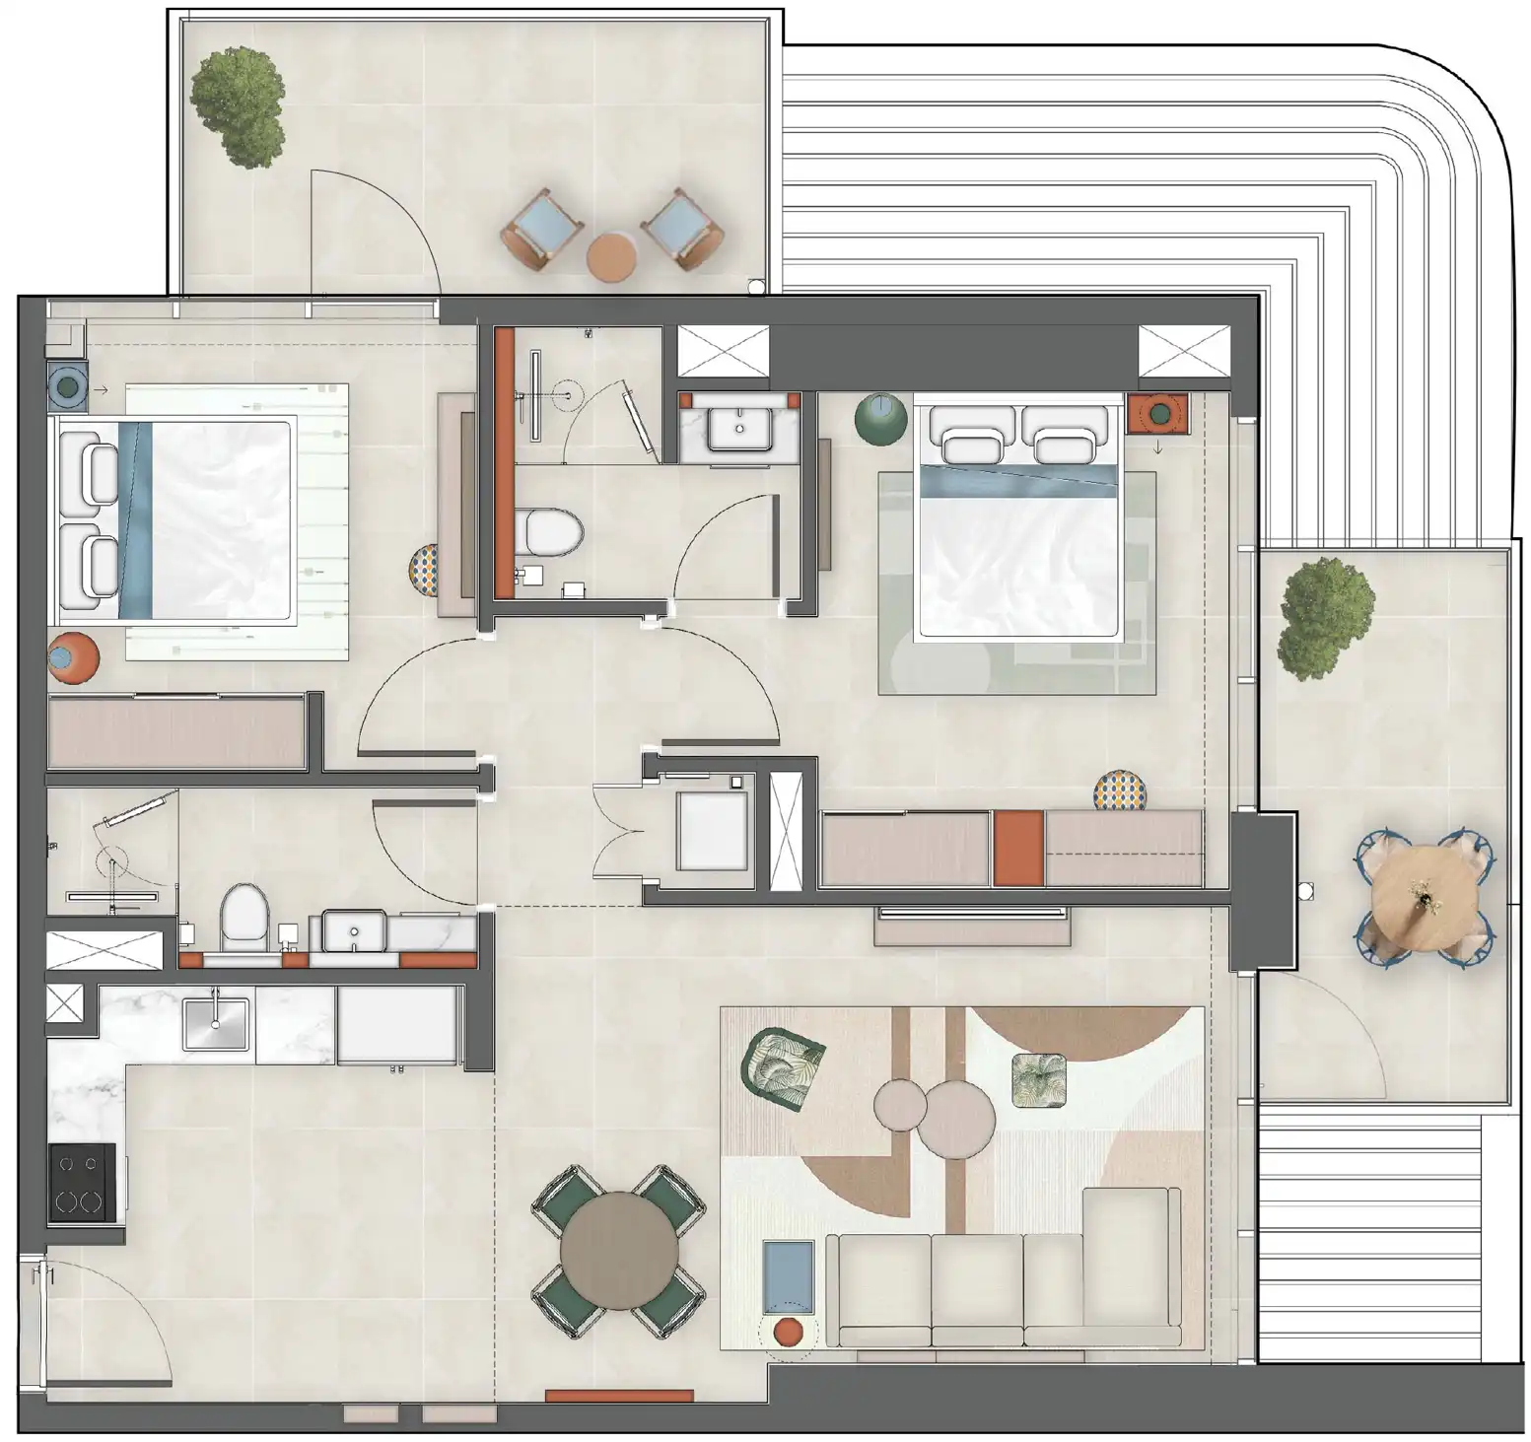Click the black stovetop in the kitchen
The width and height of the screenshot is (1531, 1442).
click(x=82, y=1183)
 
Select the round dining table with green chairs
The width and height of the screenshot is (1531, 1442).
click(x=619, y=1251)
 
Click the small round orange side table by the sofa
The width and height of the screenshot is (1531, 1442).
click(x=788, y=1332)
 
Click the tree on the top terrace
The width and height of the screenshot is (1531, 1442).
click(x=240, y=105)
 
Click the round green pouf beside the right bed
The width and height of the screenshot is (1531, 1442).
click(x=880, y=418)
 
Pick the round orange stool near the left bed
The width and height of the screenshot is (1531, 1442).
click(x=73, y=658)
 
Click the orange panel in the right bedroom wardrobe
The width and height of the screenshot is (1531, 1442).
click(x=1018, y=848)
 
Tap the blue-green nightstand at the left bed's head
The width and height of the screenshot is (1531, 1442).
click(x=67, y=387)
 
